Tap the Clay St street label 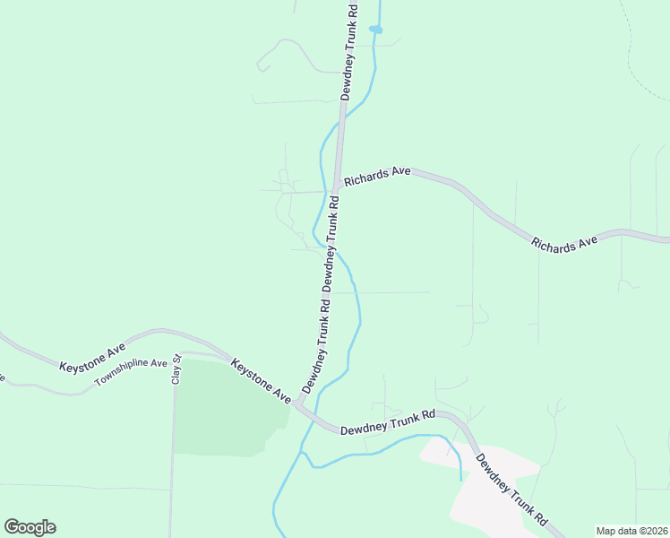(176, 370)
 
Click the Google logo (30, 527)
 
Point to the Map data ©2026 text (632, 531)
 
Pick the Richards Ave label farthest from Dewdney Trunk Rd (564, 242)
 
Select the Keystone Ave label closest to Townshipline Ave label (92, 357)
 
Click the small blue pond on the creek (376, 30)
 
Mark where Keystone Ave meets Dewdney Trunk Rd (299, 405)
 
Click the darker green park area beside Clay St (219, 408)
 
